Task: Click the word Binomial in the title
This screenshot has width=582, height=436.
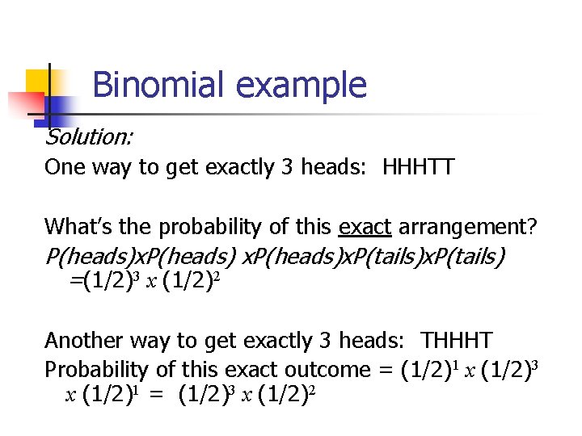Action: point(154,85)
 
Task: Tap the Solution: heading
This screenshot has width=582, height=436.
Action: point(89,138)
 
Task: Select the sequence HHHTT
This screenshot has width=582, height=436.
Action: point(419,168)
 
